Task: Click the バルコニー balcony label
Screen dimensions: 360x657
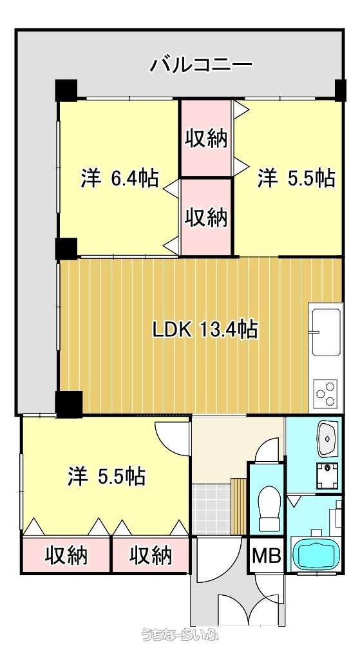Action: (x=201, y=65)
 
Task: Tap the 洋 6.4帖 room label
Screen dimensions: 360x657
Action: (x=119, y=179)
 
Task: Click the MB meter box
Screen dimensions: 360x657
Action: (x=267, y=557)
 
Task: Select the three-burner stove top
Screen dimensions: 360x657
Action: (x=326, y=393)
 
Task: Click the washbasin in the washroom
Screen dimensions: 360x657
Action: (x=327, y=439)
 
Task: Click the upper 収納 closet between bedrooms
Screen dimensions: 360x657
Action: (x=206, y=138)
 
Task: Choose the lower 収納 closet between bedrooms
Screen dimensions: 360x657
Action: (x=206, y=217)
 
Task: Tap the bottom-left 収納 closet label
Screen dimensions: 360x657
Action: (x=66, y=556)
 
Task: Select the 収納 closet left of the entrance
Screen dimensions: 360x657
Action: (x=151, y=555)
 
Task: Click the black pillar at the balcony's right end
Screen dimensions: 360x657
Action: (x=340, y=90)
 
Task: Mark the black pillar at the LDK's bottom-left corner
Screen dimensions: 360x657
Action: (x=69, y=403)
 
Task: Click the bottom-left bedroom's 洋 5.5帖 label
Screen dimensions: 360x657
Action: (x=106, y=477)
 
